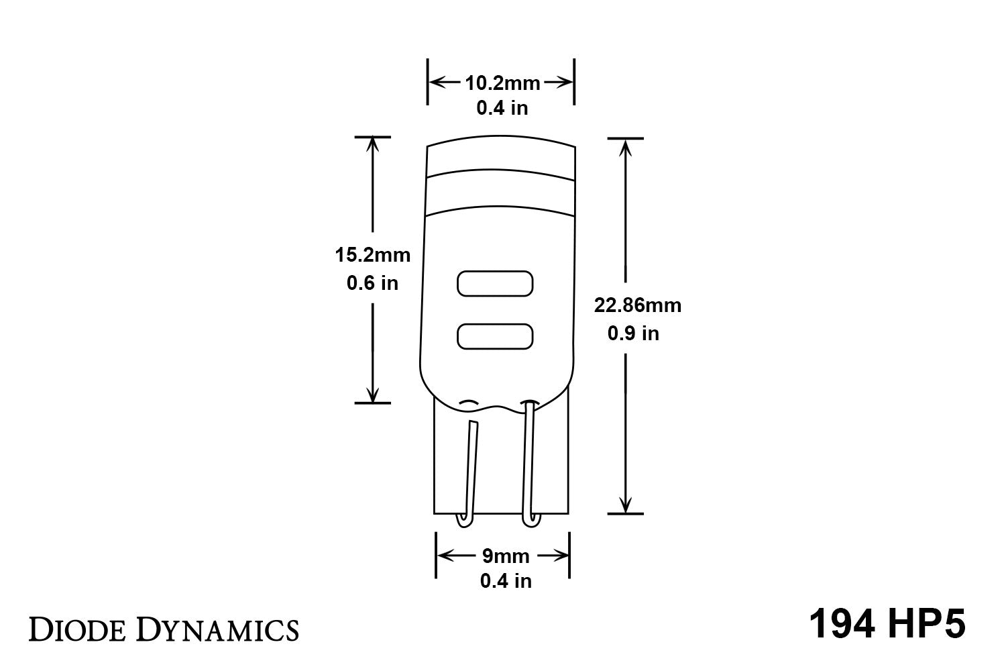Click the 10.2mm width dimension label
point(502,83)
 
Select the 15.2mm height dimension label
point(372,255)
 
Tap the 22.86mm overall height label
point(637,305)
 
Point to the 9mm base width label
point(506,556)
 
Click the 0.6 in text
point(372,283)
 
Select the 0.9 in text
point(633,333)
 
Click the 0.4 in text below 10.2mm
point(502,107)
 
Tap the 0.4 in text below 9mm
point(506,580)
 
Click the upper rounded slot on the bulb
point(495,284)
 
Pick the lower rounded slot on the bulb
point(495,336)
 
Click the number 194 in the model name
point(842,624)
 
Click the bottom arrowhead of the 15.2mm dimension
point(373,396)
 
